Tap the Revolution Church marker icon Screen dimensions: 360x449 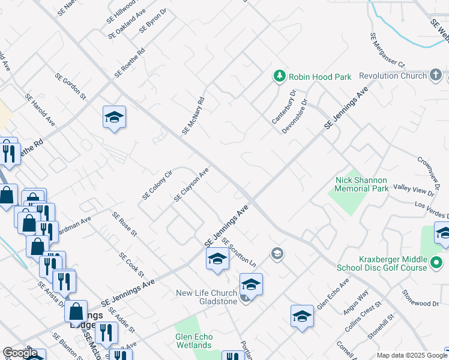pyautogui.click(x=436, y=76)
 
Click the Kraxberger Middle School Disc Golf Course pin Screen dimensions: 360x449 pyautogui.click(x=437, y=263)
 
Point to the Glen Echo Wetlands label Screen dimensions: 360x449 pyautogui.click(x=194, y=341)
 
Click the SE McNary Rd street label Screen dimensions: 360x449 pyautogui.click(x=194, y=115)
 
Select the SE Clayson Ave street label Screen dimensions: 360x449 pyautogui.click(x=191, y=184)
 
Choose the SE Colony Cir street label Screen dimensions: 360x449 pyautogui.click(x=157, y=185)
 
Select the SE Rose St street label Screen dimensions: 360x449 pyautogui.click(x=125, y=224)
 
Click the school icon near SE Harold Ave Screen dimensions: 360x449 pyautogui.click(x=114, y=118)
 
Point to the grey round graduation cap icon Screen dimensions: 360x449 pyautogui.click(x=277, y=253)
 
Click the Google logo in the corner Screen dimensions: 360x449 pyautogui.click(x=20, y=353)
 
